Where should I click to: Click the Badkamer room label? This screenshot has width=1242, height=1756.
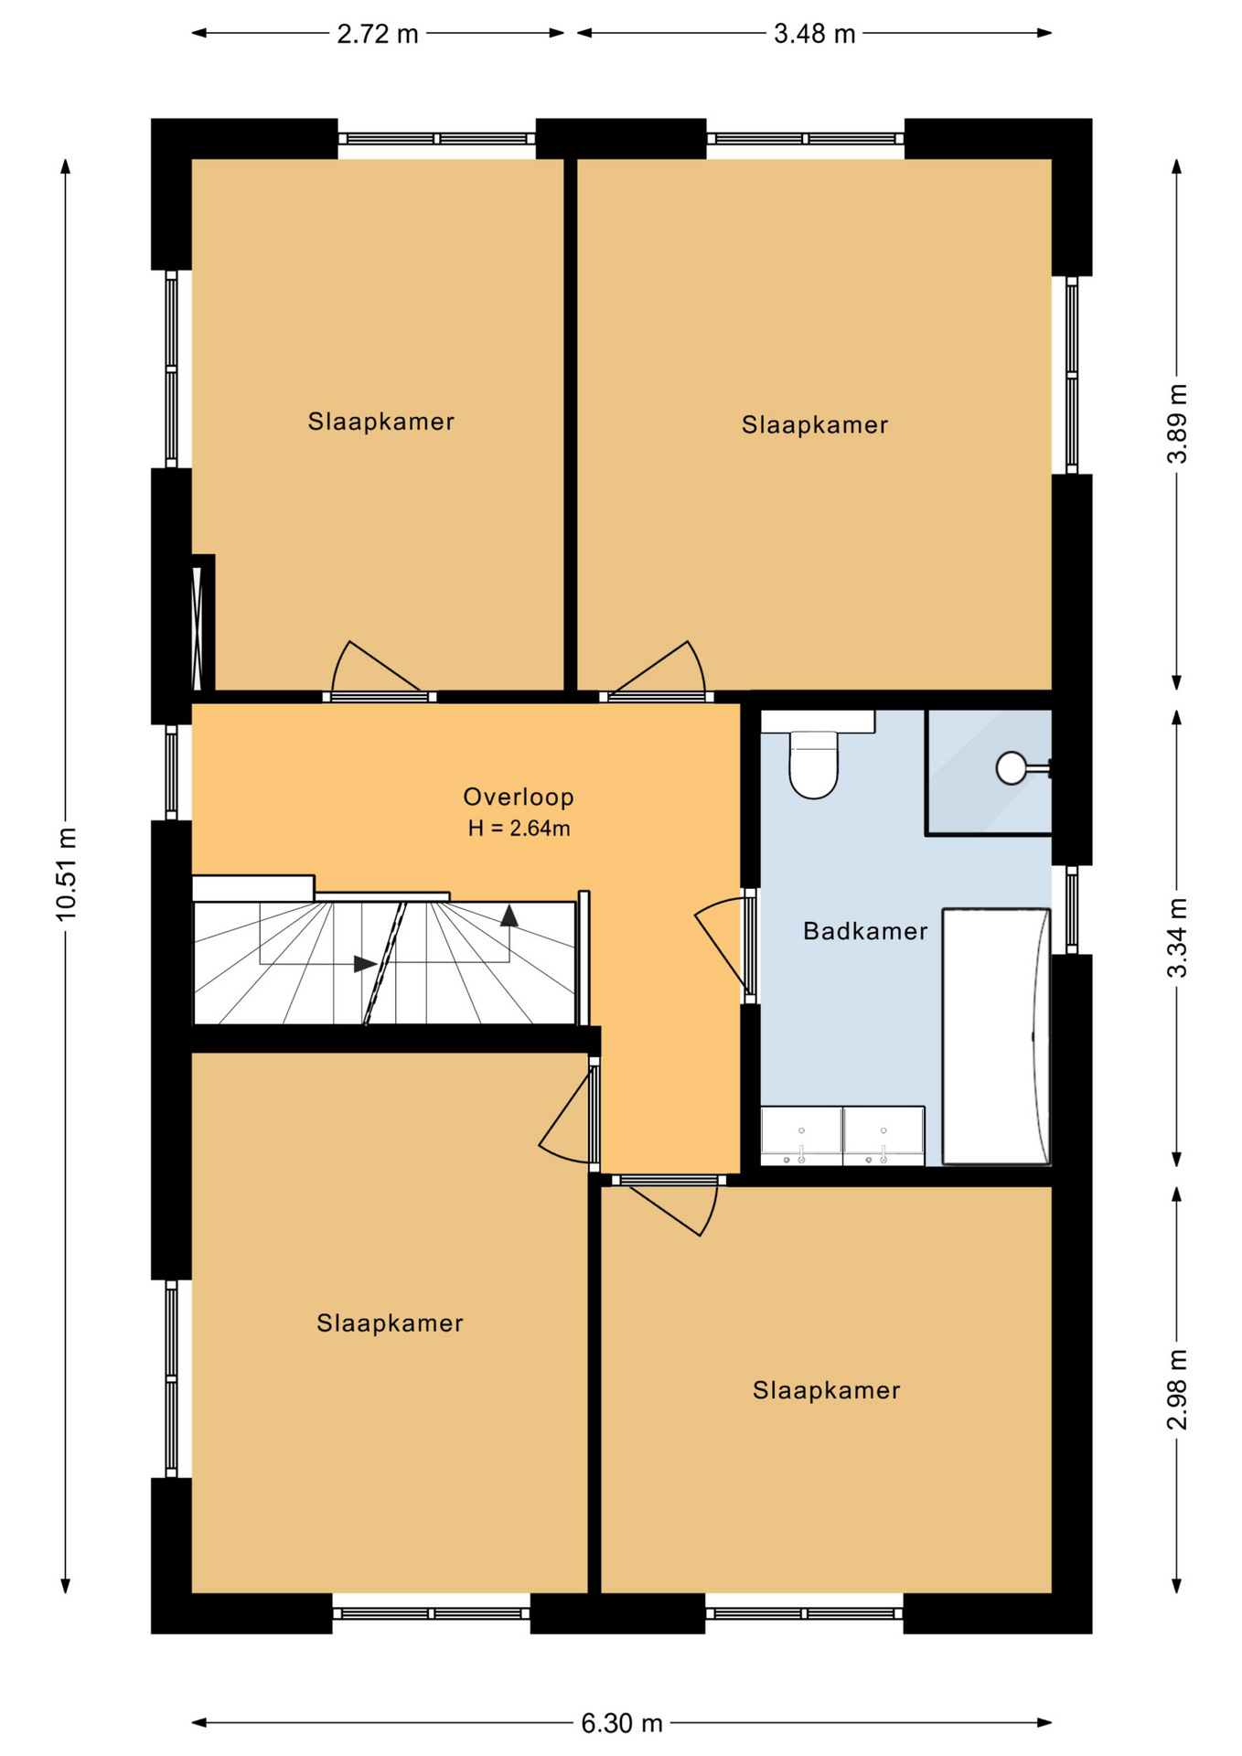coord(865,931)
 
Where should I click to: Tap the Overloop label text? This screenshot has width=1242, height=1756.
coord(519,797)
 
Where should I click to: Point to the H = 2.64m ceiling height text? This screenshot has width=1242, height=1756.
coord(519,829)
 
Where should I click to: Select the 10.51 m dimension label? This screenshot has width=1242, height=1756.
coord(66,873)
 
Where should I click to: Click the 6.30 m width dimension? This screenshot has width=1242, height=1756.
coord(622,1723)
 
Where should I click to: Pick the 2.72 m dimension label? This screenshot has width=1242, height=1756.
coord(378,34)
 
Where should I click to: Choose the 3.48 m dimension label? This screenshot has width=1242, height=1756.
coord(815,34)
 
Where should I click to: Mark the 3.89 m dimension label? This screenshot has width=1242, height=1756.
coord(1177,423)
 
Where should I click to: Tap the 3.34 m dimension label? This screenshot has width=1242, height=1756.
coord(1177,937)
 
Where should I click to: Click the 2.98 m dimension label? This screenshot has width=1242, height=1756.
coord(1177,1389)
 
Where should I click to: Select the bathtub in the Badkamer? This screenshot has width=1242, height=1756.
coord(996,1036)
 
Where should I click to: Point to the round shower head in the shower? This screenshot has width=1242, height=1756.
coord(1012,768)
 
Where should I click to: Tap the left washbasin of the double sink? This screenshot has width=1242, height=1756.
coord(801,1135)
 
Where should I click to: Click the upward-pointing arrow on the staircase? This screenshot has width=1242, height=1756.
coord(509,915)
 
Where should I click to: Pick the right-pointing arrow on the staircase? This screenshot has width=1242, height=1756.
coord(365,963)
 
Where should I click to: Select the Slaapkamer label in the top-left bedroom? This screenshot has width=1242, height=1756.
coord(381,422)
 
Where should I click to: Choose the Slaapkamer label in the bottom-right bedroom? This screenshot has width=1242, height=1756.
coord(827,1390)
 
